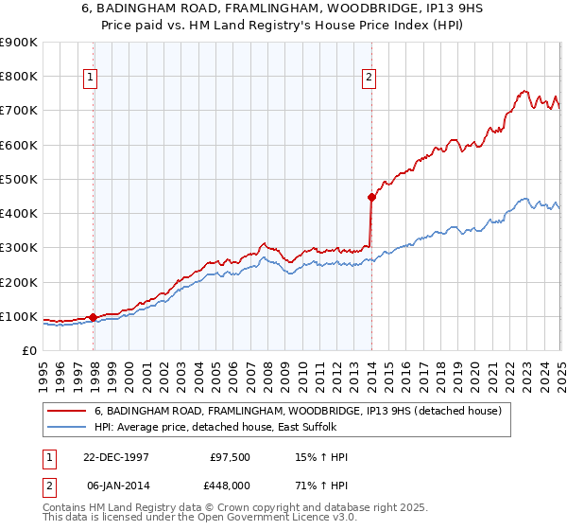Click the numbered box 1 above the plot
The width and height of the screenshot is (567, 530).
click(91, 79)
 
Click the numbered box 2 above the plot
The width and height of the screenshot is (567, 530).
click(369, 79)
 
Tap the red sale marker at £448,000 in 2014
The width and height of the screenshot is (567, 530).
click(371, 197)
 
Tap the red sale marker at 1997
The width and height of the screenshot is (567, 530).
click(94, 317)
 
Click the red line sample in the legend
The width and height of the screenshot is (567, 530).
click(69, 412)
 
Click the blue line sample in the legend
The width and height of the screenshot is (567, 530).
click(69, 428)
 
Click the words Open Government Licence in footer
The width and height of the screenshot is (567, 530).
click(242, 520)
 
